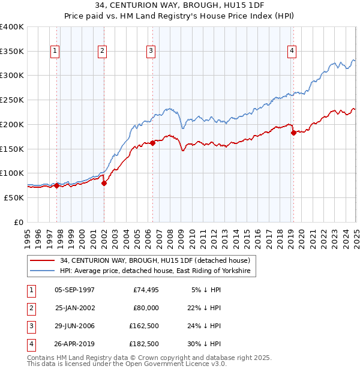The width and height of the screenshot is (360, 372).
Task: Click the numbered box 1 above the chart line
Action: coord(55,52)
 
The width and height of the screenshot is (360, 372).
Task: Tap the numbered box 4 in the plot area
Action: coord(292,52)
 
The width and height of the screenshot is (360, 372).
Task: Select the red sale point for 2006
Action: coord(152,142)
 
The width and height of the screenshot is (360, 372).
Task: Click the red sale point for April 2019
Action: coord(293,133)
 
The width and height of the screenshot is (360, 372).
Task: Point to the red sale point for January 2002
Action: coord(104,183)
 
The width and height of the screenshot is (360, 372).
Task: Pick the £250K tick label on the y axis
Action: coord(12,100)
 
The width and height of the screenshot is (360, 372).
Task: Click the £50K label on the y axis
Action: coord(14,197)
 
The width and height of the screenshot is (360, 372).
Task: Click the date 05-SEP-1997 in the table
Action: coord(74,290)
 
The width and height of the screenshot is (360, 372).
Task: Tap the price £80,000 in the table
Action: coord(146,308)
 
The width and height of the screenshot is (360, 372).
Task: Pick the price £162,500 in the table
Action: coord(144,326)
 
